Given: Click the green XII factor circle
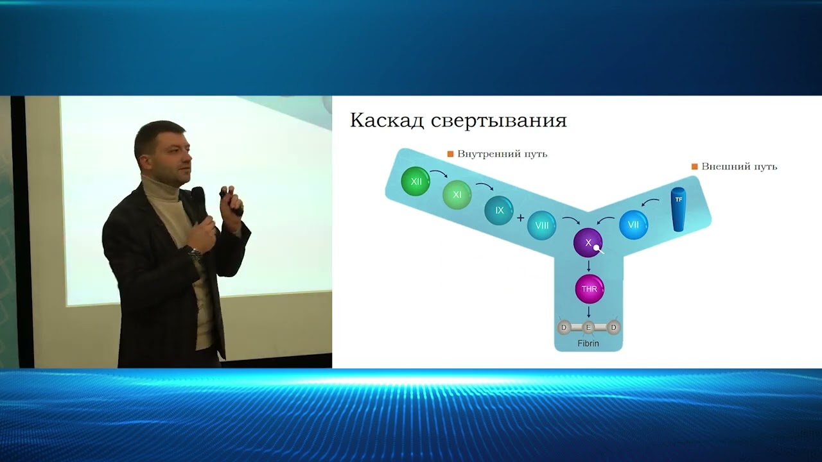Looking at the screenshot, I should click(x=415, y=182).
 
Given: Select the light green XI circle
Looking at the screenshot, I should click(x=457, y=194).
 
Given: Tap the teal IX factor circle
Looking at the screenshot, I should click(x=499, y=210).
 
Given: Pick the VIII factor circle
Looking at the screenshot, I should click(x=541, y=225).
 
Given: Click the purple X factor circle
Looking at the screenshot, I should click(x=588, y=243).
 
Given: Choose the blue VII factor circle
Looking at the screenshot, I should click(x=633, y=225).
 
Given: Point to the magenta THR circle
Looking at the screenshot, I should click(x=589, y=289).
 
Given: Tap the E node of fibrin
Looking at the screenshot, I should click(x=588, y=328).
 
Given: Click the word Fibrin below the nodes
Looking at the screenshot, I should click(x=588, y=343).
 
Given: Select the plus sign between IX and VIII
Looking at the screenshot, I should click(x=520, y=218).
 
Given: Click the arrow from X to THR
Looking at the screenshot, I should click(x=589, y=265).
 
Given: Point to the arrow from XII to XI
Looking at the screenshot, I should click(x=439, y=174).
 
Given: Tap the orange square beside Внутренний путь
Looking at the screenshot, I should click(x=451, y=154).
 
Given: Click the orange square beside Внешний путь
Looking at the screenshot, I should click(x=694, y=167).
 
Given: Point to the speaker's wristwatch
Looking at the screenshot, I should click(x=195, y=252).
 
